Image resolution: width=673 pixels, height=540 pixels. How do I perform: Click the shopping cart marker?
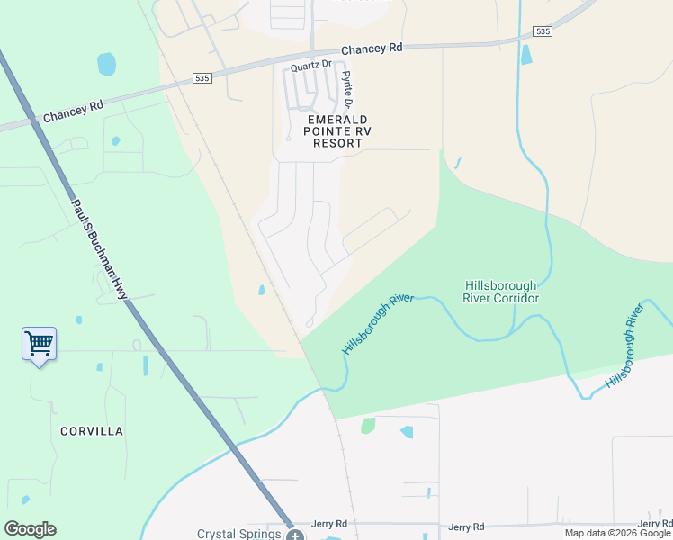[x=39, y=343]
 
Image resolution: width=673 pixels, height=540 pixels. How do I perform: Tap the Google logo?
[x=30, y=529]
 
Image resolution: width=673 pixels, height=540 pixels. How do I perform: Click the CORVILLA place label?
[x=92, y=431]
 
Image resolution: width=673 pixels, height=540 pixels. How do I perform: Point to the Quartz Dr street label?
[x=311, y=66]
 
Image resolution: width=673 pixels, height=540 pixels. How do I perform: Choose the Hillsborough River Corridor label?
[x=500, y=292]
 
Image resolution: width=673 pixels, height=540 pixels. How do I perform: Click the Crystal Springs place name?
[x=239, y=534]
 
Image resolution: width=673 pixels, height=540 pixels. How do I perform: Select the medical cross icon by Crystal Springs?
[x=295, y=535]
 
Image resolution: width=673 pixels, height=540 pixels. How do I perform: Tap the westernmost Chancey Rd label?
[x=73, y=112]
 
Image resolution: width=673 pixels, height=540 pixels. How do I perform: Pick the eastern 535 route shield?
[x=542, y=31]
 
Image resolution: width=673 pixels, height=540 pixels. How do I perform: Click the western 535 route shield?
[x=202, y=79]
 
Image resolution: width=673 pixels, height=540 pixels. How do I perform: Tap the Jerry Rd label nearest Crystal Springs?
[x=329, y=524]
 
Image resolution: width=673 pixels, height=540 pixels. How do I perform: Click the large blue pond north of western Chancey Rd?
[x=106, y=65]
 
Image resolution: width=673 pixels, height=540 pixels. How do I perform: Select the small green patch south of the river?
[x=367, y=426]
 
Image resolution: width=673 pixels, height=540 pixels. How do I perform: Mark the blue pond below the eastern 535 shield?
[x=526, y=54]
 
